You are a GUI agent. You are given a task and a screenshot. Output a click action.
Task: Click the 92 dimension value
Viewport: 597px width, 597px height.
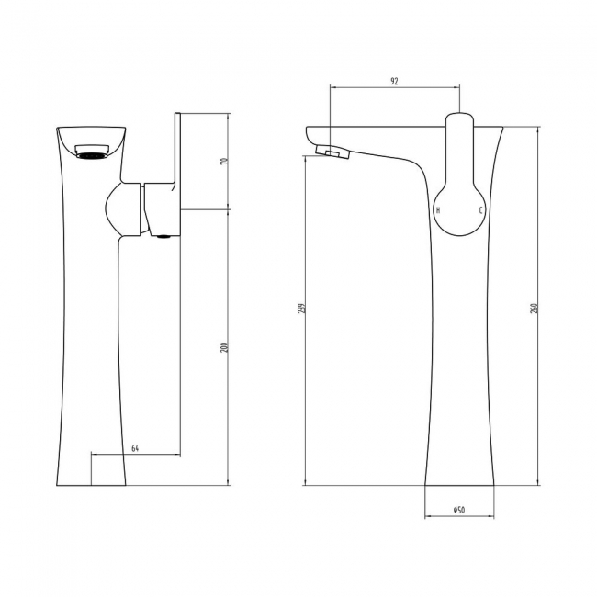pos(394,82)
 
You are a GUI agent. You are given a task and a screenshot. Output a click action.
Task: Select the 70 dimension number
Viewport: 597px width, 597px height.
pos(223,162)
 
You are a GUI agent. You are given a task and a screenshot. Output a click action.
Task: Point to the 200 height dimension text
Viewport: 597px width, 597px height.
pos(223,346)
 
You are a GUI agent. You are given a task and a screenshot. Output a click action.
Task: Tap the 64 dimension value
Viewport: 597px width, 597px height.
pos(135,447)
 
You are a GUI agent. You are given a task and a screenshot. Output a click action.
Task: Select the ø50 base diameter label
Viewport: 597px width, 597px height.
pos(458,510)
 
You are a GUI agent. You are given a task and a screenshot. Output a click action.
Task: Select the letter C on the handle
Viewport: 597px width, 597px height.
pos(478,210)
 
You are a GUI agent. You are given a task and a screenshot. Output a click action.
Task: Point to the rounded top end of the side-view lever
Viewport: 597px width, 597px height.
pos(459,120)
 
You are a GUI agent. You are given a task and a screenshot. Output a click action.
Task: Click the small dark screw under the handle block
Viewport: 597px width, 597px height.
pos(163,237)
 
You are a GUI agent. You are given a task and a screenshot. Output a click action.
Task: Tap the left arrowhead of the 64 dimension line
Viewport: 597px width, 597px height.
pos(93,454)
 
